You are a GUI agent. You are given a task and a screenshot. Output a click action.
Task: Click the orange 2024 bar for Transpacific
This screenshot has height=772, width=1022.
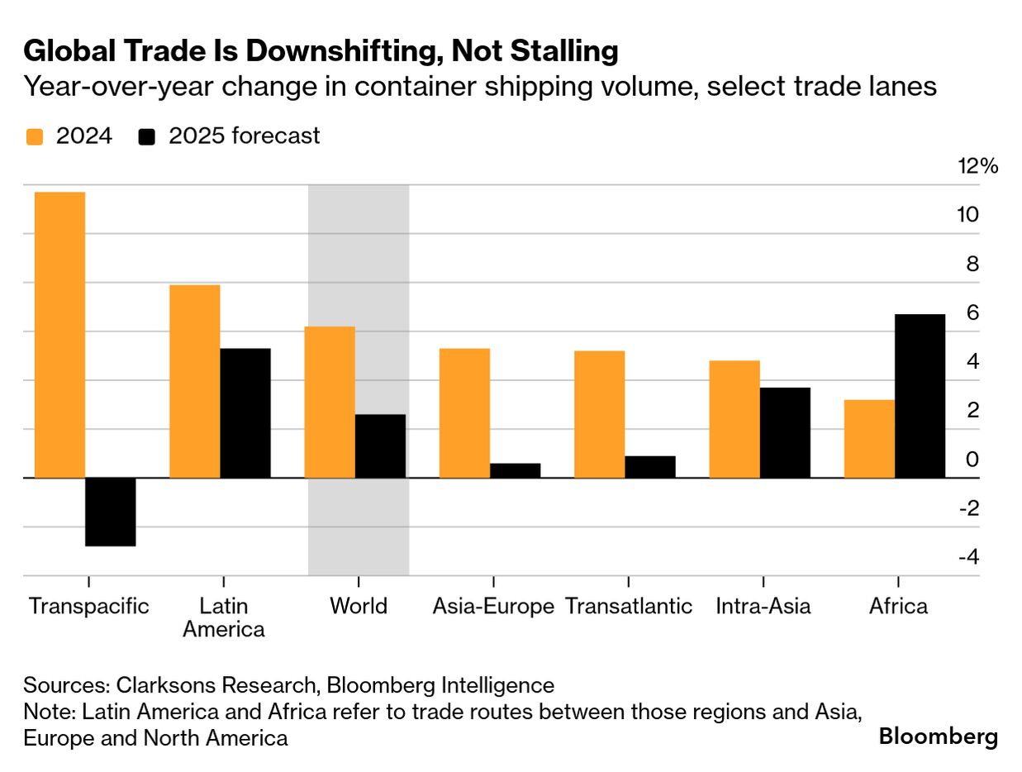[60, 335]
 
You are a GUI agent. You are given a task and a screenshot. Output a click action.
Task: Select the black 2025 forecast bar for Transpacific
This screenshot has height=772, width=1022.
[111, 512]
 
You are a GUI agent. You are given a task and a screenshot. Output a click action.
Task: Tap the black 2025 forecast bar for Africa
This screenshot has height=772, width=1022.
[920, 396]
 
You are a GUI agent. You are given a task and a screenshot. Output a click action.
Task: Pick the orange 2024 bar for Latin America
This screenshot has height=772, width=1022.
[195, 381]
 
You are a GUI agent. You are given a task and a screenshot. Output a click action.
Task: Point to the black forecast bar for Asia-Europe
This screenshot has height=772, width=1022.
[515, 470]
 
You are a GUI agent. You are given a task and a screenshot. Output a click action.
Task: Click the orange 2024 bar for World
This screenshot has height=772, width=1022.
[330, 402]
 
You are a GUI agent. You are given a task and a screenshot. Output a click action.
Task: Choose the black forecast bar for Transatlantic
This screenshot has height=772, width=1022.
[649, 467]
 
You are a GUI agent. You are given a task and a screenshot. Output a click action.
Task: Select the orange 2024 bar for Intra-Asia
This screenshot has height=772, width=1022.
[734, 419]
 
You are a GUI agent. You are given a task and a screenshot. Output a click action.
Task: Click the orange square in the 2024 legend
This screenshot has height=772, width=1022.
[34, 136]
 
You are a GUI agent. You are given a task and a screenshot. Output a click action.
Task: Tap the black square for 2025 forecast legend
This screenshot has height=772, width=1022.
[148, 136]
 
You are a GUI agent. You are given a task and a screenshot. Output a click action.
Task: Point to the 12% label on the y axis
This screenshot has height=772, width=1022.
[977, 166]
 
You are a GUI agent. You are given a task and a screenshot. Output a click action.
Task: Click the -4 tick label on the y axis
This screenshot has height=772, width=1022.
[968, 557]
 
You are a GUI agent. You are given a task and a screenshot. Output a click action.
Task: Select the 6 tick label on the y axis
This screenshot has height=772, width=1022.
[972, 312]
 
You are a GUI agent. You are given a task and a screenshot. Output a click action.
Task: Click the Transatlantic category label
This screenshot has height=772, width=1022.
[629, 606]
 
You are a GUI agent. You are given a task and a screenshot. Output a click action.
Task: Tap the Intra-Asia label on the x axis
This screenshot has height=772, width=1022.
[763, 606]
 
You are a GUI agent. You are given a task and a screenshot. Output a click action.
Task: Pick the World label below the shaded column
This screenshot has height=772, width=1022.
[359, 606]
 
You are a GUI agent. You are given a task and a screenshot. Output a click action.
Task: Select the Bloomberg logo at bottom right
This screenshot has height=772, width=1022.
[938, 736]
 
